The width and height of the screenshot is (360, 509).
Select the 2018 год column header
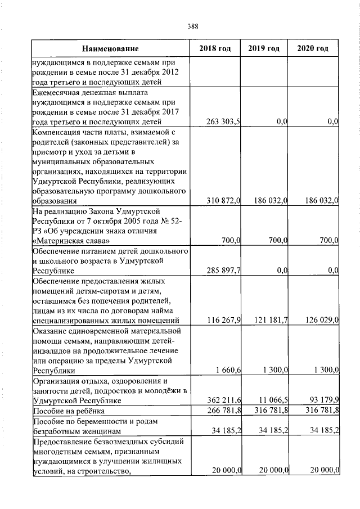[x=215, y=49]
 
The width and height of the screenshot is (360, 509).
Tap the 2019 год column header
[x=264, y=49]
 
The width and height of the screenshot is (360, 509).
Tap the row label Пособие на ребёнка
[x=67, y=411]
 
